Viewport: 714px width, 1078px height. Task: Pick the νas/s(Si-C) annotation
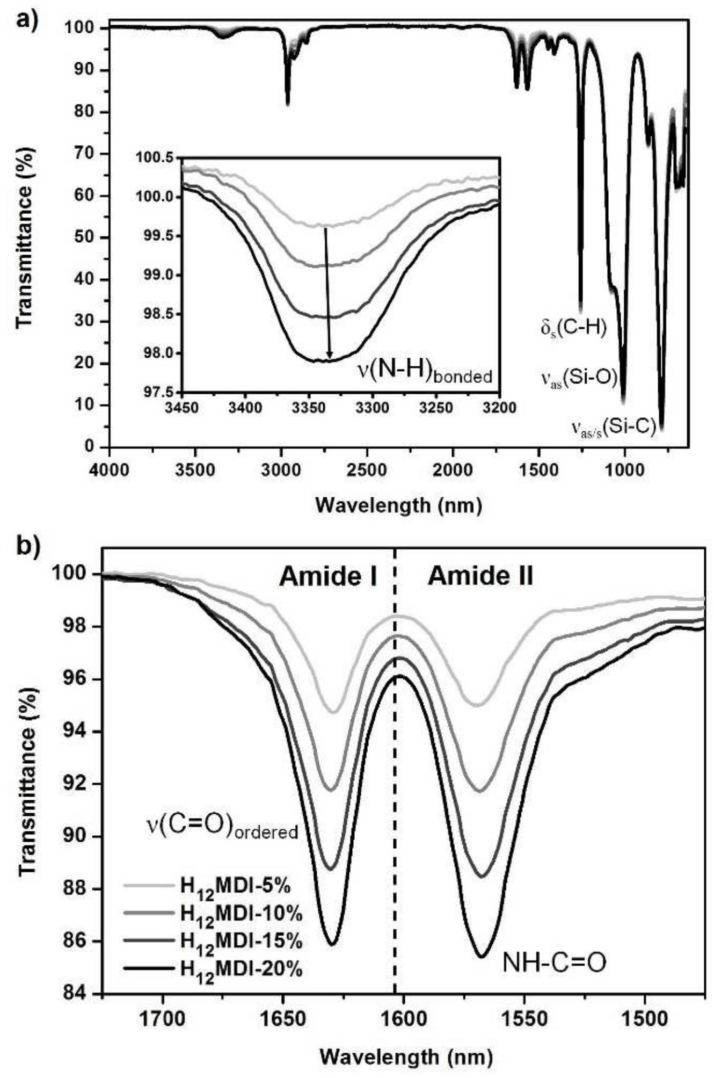(x=613, y=428)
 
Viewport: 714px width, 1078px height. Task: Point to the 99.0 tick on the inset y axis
(x=163, y=276)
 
